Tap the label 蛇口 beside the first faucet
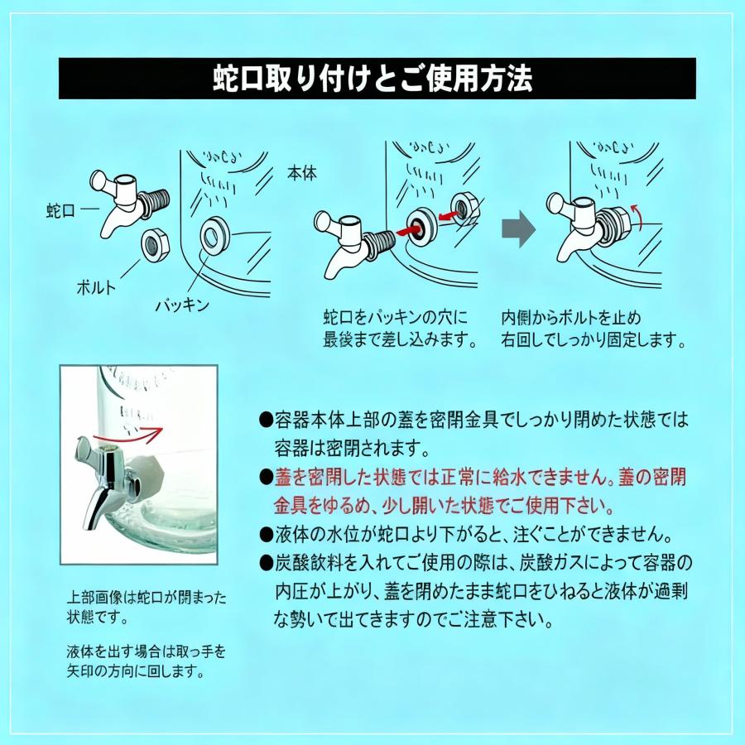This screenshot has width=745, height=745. coord(60,210)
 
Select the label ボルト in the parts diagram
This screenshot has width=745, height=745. coord(96,288)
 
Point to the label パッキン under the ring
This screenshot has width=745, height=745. coord(182,305)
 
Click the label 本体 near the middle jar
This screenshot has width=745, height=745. coord(301,175)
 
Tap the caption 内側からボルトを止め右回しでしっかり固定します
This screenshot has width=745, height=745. coord(594,328)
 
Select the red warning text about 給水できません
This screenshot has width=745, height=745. coord(478,491)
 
